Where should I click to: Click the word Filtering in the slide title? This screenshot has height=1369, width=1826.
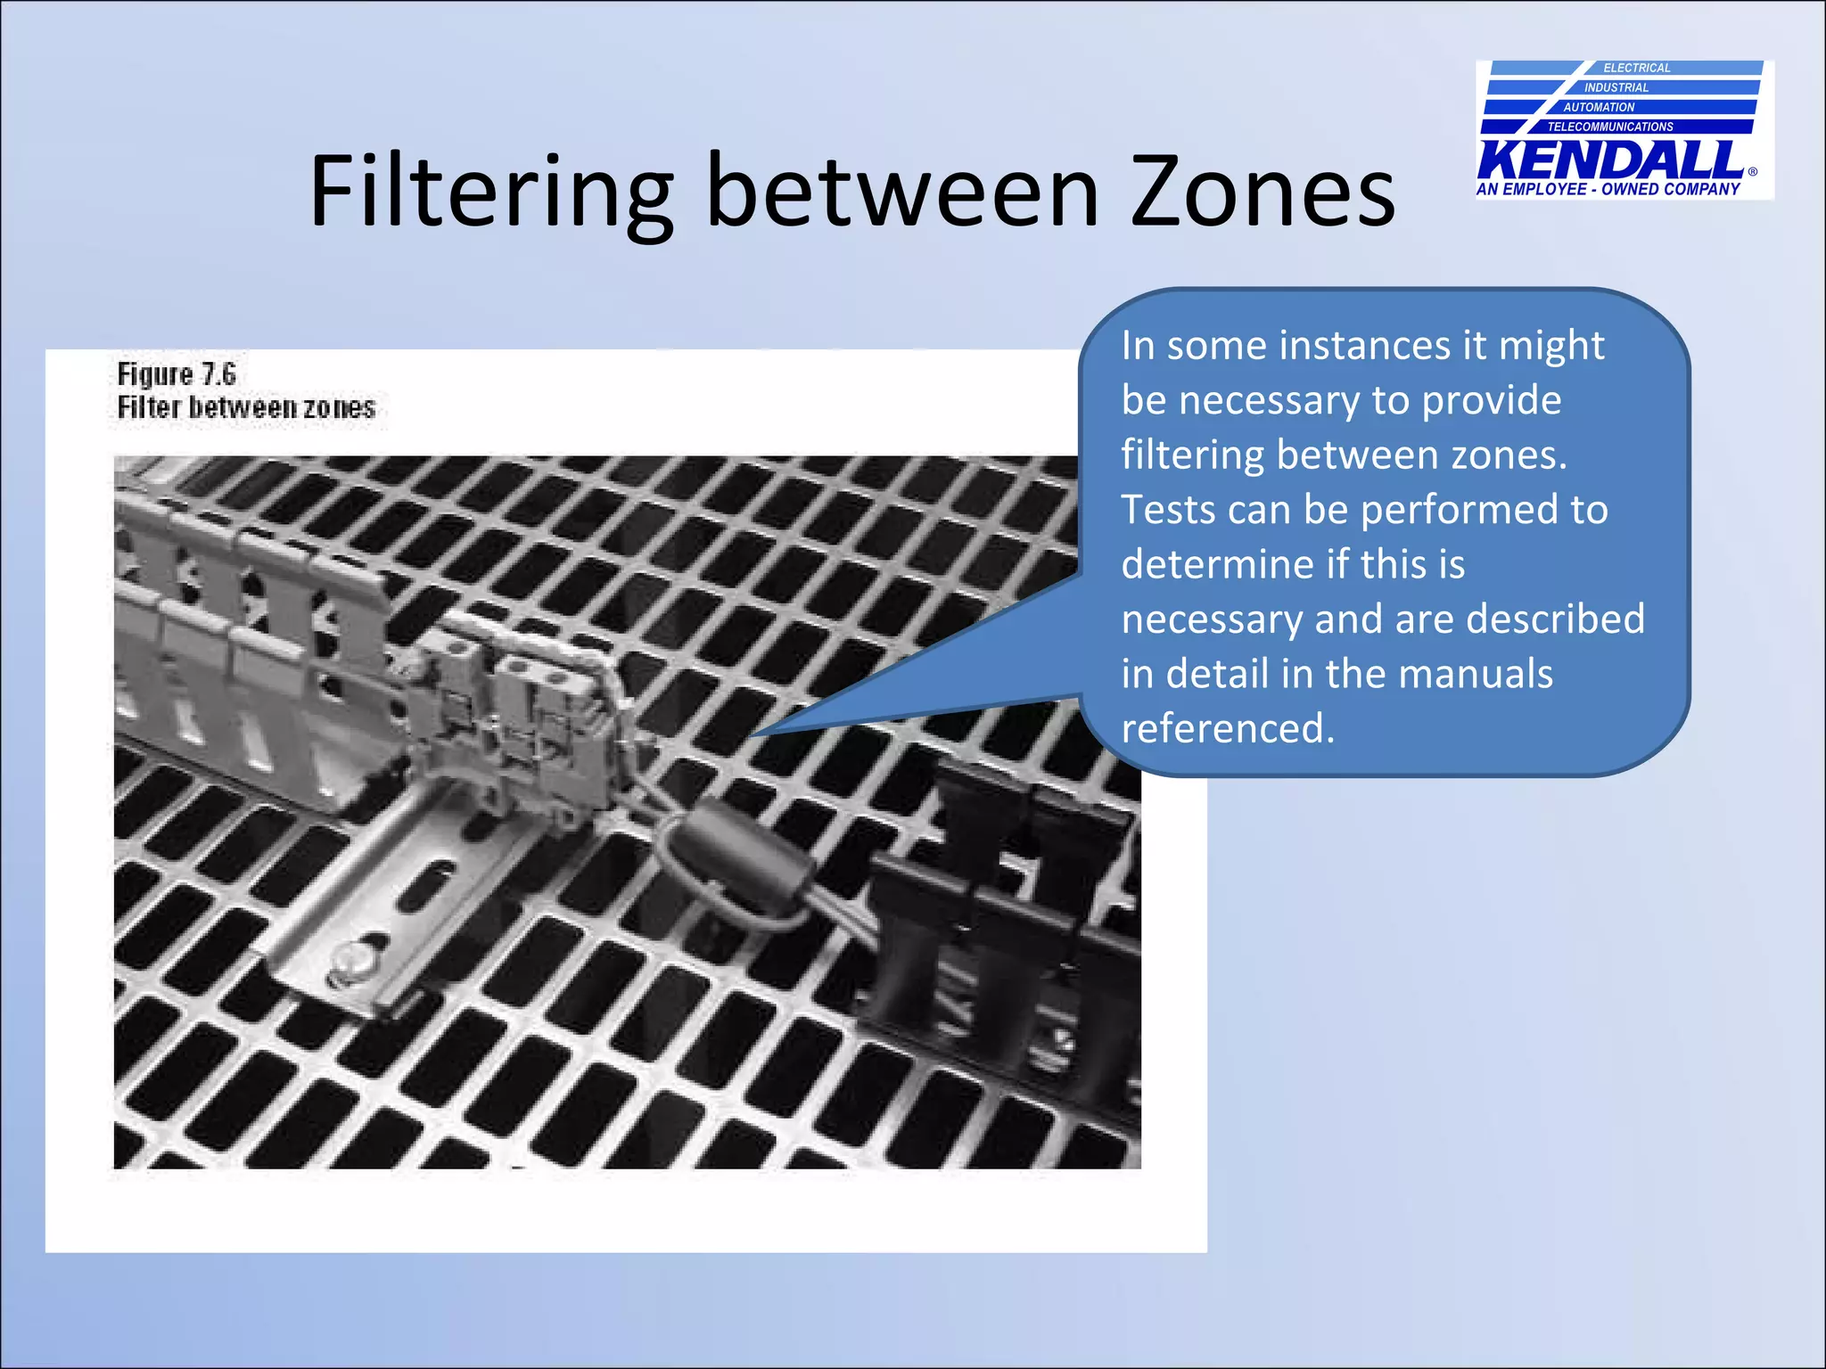490,192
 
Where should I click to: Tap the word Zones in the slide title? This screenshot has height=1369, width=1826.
1263,192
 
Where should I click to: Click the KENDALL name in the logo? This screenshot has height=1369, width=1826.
1610,160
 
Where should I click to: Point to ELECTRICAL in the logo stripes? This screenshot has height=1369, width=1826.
1637,68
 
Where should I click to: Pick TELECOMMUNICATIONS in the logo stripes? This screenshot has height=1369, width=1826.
1610,127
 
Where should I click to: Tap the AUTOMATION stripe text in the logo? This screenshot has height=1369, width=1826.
1599,107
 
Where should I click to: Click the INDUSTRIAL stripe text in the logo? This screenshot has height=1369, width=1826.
1616,87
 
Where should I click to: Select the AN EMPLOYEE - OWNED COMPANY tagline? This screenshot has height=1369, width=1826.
1608,189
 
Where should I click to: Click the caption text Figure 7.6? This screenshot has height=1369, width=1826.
177,374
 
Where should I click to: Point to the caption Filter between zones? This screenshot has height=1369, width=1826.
246,408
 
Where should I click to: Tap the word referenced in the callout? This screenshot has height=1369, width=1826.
1227,728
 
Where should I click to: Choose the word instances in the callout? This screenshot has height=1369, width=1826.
1365,346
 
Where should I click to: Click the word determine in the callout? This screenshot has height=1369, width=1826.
1217,564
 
